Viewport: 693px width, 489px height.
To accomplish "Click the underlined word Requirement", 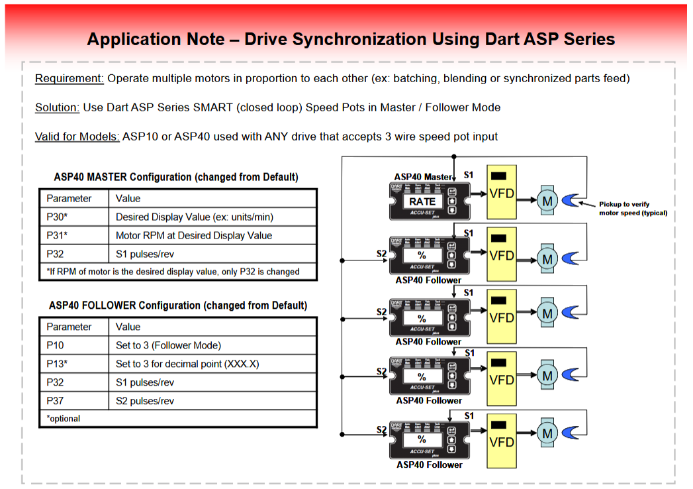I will (69, 78).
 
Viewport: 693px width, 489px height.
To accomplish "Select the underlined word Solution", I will (58, 107).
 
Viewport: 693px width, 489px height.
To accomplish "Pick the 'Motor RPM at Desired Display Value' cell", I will (194, 235).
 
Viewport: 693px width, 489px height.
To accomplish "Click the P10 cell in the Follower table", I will (55, 345).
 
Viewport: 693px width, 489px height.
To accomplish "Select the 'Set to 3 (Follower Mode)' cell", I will (168, 345).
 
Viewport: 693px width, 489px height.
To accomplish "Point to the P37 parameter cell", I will (55, 401).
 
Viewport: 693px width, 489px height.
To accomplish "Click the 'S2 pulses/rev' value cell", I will (145, 401).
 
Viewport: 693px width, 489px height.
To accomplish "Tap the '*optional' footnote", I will (64, 419).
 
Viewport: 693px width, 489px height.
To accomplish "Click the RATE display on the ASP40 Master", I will (422, 201).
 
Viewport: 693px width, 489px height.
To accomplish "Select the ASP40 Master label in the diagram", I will (423, 177).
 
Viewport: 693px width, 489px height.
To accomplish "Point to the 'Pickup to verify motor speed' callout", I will (633, 209).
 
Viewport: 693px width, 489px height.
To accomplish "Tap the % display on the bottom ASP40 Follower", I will (422, 439).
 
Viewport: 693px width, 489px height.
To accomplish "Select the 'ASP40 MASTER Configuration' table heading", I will (176, 177).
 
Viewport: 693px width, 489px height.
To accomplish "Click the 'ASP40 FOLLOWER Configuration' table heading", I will (178, 305).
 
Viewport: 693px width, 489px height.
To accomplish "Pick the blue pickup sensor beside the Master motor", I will (571, 199).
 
